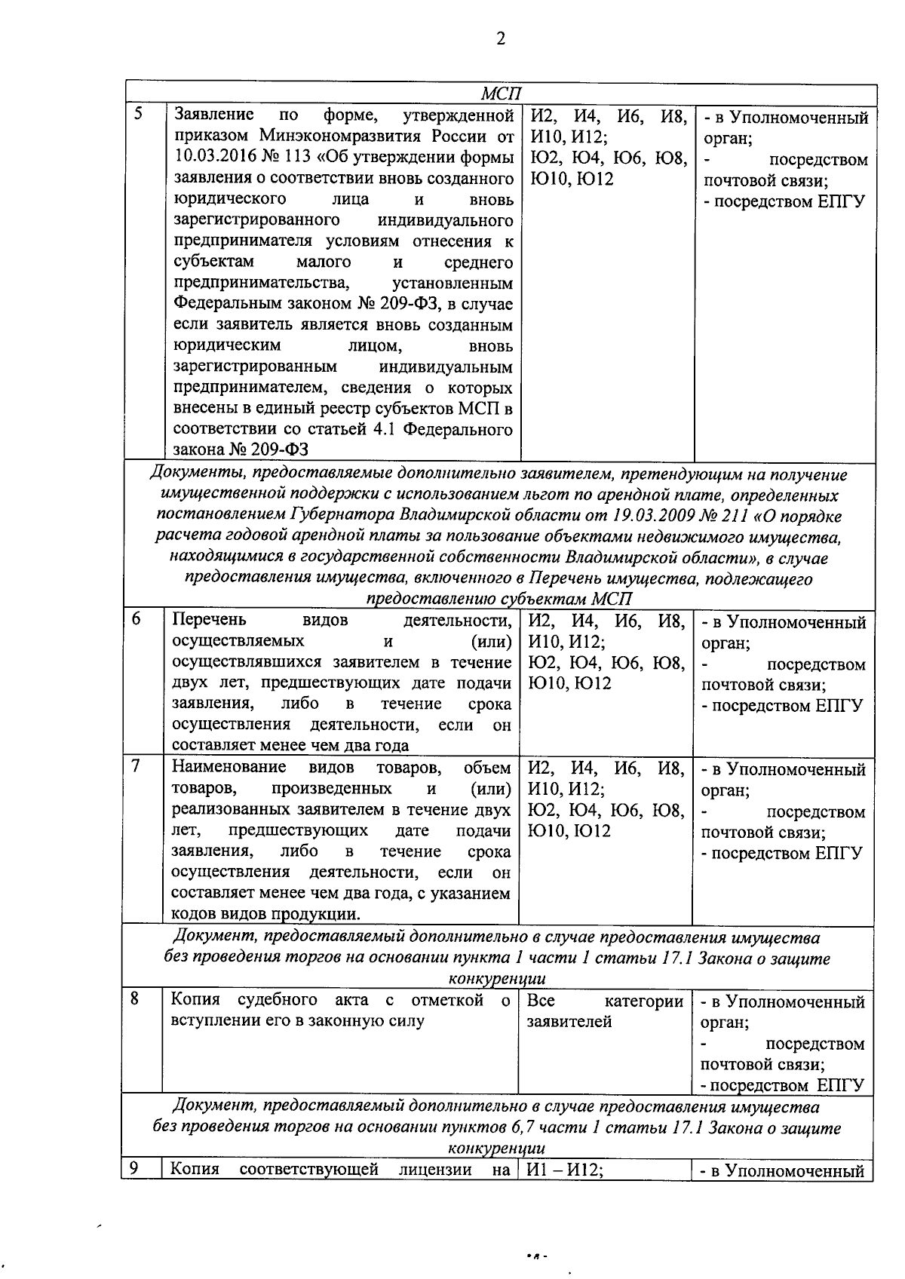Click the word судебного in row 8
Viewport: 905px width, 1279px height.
point(278,1000)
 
